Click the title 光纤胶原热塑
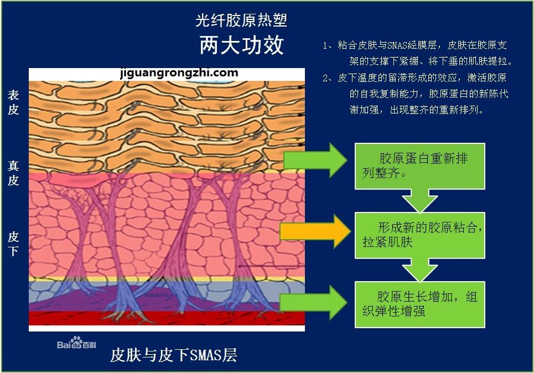[x=241, y=20]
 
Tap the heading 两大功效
[x=241, y=45]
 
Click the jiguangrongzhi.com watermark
[x=179, y=73]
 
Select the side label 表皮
[x=13, y=102]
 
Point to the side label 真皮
[x=13, y=173]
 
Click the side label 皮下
[x=13, y=244]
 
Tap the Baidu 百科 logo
[x=76, y=343]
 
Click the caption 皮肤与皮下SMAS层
[x=173, y=355]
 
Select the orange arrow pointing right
[x=315, y=231]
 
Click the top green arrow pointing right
[x=315, y=160]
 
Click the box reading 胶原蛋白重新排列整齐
[x=420, y=166]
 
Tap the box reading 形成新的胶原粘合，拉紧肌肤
[x=420, y=235]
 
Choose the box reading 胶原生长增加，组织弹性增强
[x=420, y=304]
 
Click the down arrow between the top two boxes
[x=420, y=201]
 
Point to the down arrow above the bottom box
[x=420, y=270]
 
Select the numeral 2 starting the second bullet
[x=325, y=78]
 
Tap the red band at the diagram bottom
[x=167, y=318]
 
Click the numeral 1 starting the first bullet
[x=325, y=45]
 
